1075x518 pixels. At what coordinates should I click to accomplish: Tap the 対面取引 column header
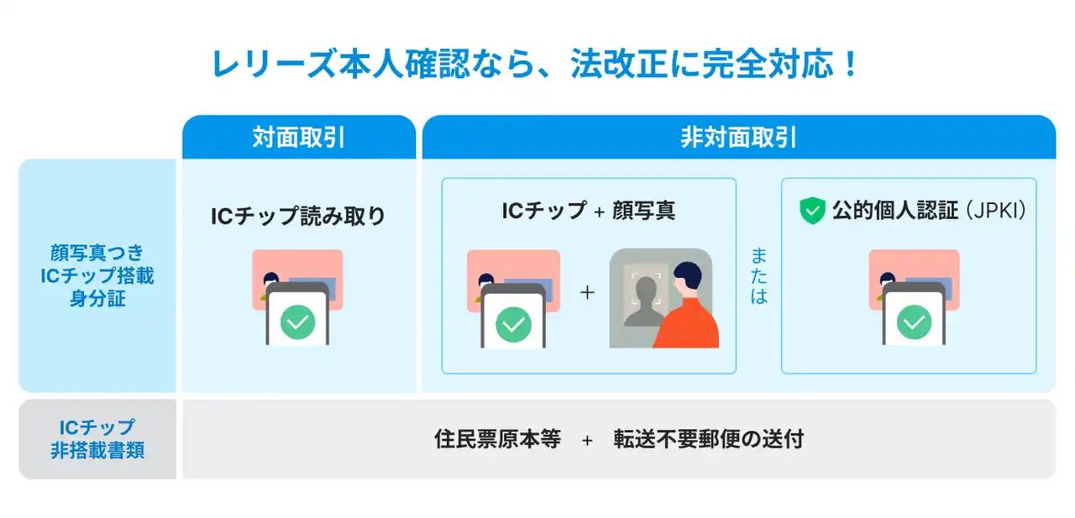click(x=298, y=138)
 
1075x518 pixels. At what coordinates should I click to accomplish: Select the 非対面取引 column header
click(x=738, y=138)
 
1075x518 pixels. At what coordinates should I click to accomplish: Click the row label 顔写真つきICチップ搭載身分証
click(x=97, y=275)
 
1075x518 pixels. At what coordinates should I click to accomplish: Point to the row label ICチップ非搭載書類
click(x=97, y=439)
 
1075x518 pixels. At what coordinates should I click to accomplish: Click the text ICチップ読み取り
click(x=298, y=216)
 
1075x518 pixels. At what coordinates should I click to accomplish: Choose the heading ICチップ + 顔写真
click(x=589, y=211)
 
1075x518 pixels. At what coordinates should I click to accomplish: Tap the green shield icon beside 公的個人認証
click(x=812, y=211)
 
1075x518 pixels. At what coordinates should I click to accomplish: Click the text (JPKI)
click(x=996, y=211)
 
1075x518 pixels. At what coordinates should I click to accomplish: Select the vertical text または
click(x=758, y=275)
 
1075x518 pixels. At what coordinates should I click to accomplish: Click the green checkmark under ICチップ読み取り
click(x=297, y=322)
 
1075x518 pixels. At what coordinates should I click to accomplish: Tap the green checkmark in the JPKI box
click(x=915, y=322)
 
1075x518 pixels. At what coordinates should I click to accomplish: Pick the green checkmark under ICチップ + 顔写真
click(x=513, y=325)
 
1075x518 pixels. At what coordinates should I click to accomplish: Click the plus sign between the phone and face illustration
click(x=587, y=292)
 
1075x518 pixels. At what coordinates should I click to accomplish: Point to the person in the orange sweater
click(x=686, y=307)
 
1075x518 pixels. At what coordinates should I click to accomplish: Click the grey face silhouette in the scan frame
click(x=646, y=302)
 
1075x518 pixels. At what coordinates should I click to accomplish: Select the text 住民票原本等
click(x=498, y=439)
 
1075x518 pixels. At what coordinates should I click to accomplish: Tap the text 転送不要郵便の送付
click(x=708, y=439)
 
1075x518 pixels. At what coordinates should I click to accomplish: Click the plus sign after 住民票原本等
click(x=587, y=440)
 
